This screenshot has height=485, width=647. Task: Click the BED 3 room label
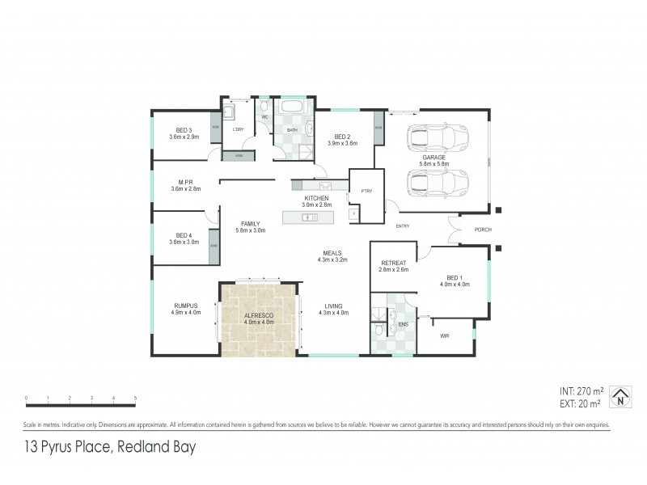(x=184, y=130)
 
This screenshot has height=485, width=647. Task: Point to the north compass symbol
(x=620, y=394)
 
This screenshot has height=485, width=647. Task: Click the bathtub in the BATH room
(x=290, y=108)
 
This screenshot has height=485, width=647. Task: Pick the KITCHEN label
(x=315, y=199)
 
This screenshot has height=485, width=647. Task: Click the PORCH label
(x=483, y=229)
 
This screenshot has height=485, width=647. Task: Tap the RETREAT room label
(x=394, y=264)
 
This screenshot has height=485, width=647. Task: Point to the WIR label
(x=444, y=335)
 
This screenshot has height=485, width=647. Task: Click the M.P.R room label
(x=185, y=183)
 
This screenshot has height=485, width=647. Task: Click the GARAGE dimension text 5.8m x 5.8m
(x=438, y=164)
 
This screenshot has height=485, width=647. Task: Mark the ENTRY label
(x=403, y=226)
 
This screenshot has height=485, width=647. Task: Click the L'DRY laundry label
(x=238, y=130)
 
